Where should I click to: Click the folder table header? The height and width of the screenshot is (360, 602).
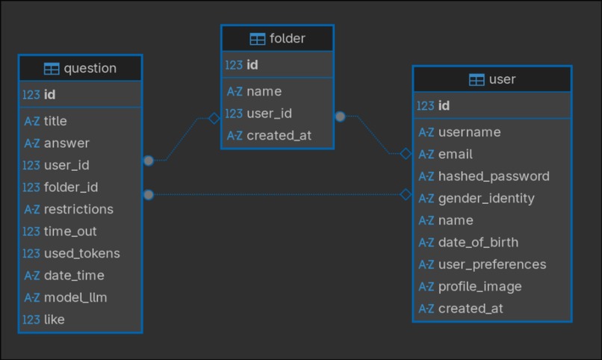pyautogui.click(x=277, y=39)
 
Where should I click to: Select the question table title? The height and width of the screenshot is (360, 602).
pyautogui.click(x=90, y=69)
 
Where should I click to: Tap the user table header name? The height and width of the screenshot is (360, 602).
pyautogui.click(x=502, y=79)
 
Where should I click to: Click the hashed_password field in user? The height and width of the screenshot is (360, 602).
pyautogui.click(x=493, y=176)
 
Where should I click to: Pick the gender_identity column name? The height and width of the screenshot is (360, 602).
pyautogui.click(x=486, y=198)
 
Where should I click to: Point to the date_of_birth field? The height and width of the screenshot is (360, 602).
pyautogui.click(x=478, y=242)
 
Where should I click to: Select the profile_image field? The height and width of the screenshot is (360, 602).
pyautogui.click(x=480, y=286)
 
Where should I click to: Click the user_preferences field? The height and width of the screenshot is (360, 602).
pyautogui.click(x=491, y=264)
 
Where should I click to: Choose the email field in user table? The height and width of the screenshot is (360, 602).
pyautogui.click(x=455, y=154)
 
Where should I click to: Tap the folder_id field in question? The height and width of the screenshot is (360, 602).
pyautogui.click(x=71, y=187)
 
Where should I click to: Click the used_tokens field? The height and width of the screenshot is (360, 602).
pyautogui.click(x=81, y=253)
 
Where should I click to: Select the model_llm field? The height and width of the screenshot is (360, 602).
pyautogui.click(x=75, y=297)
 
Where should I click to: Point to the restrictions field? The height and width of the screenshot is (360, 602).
pyautogui.click(x=78, y=209)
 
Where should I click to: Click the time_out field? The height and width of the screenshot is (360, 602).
pyautogui.click(x=70, y=232)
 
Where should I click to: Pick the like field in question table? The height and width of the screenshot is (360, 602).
pyautogui.click(x=55, y=320)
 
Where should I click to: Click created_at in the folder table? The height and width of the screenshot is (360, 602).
pyautogui.click(x=279, y=135)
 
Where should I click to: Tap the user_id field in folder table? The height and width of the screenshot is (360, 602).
pyautogui.click(x=269, y=114)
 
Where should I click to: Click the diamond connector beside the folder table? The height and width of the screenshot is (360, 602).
pyautogui.click(x=214, y=117)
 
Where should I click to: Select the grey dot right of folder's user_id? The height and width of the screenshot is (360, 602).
pyautogui.click(x=340, y=117)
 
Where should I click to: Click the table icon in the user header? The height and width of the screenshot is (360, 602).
pyautogui.click(x=477, y=80)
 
